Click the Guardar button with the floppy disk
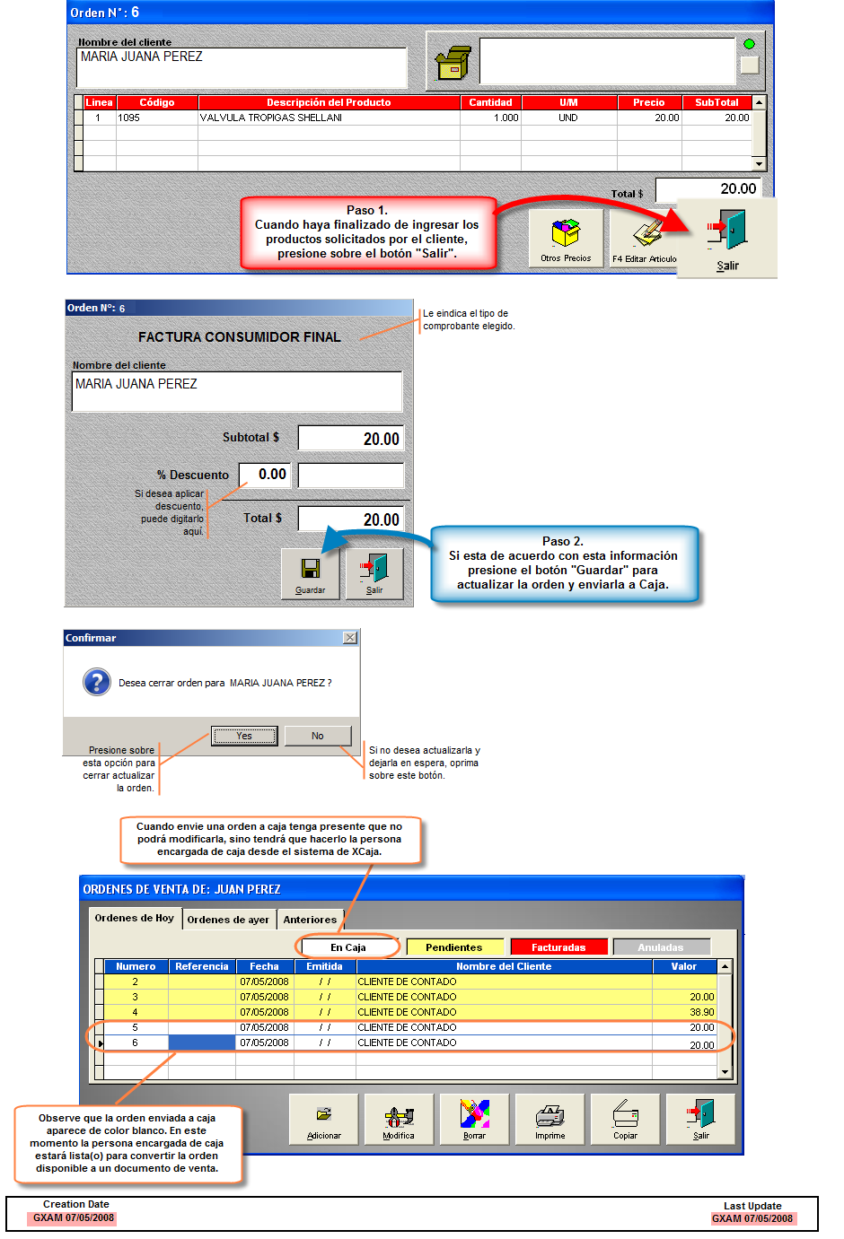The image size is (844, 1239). tap(310, 573)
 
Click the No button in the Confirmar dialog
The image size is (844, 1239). tap(317, 736)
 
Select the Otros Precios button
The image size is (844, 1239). tap(566, 238)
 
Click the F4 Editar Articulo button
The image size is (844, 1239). tap(644, 238)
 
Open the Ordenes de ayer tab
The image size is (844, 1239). tap(228, 920)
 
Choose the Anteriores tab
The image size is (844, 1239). tap(310, 920)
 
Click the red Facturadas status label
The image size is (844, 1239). tap(558, 947)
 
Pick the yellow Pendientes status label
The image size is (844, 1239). tap(453, 947)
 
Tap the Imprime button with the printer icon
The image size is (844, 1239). tap(549, 1119)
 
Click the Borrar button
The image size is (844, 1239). tap(474, 1119)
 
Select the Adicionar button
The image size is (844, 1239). tap(323, 1119)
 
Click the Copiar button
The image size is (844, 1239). tap(625, 1119)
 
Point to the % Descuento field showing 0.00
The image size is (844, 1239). tap(266, 475)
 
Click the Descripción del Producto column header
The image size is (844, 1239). tap(329, 102)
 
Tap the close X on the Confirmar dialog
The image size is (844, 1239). tap(350, 638)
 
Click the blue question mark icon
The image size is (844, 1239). tap(97, 683)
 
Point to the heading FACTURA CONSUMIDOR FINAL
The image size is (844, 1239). tap(239, 337)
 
